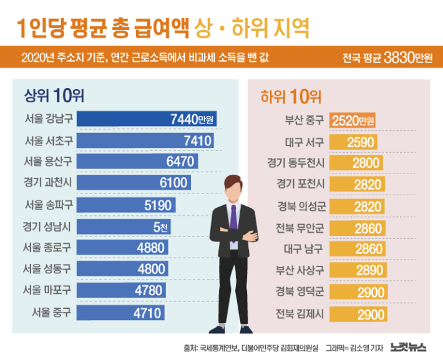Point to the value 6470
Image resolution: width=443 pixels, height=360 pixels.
tap(181, 162)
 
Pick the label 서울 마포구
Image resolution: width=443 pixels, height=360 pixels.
tap(47, 289)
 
